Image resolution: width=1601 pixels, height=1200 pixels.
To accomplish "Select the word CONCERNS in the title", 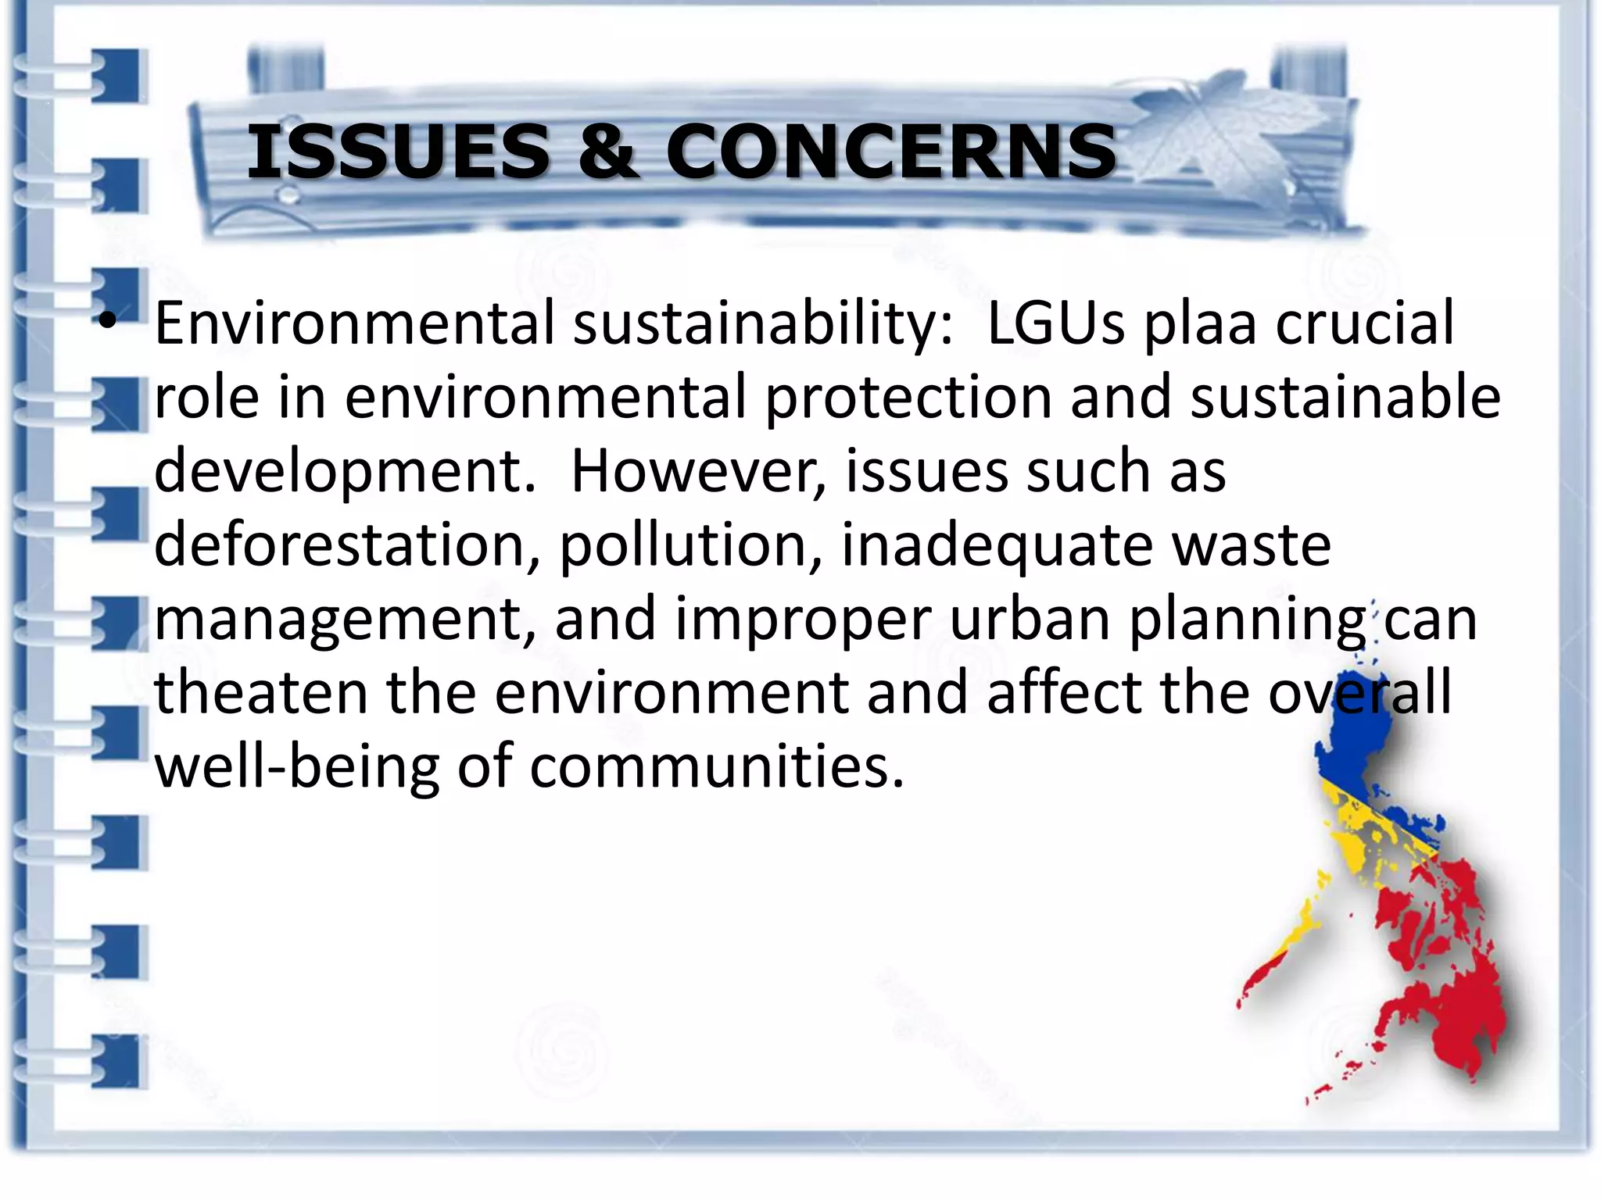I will click(x=891, y=152).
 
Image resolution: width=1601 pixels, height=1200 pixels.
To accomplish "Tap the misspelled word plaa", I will click(x=1200, y=325).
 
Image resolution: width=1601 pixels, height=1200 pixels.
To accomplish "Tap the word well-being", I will click(x=297, y=767).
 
